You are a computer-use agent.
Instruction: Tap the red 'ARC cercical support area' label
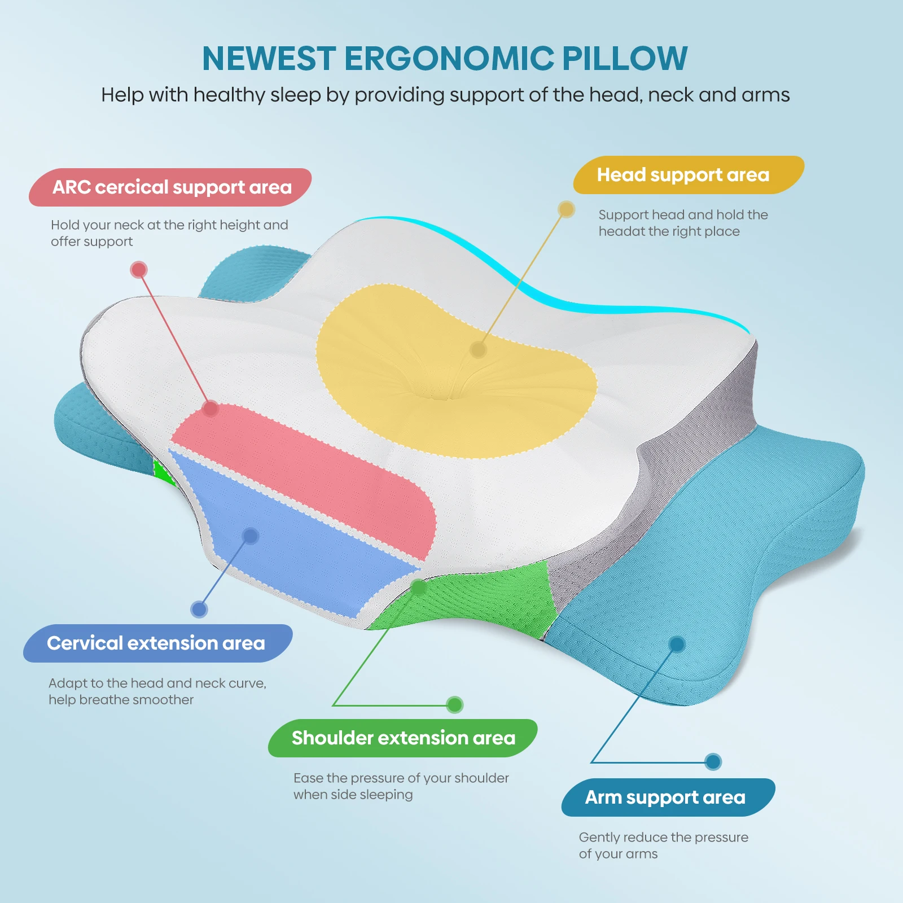click(170, 187)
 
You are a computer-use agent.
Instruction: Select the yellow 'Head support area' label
click(689, 175)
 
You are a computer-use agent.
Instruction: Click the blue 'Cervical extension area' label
click(158, 643)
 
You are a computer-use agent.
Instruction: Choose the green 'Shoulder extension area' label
click(403, 738)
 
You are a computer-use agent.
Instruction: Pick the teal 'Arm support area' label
click(668, 797)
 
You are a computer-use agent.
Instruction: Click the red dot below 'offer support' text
click(139, 270)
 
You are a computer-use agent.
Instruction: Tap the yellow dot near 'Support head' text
click(566, 209)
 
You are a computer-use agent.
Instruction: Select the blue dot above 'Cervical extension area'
click(199, 610)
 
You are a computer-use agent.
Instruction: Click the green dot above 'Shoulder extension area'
click(454, 705)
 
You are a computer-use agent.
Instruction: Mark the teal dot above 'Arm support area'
click(713, 762)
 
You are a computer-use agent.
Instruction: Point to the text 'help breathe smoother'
click(121, 700)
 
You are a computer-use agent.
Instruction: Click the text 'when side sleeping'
click(353, 795)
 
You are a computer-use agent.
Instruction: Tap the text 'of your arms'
click(619, 854)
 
